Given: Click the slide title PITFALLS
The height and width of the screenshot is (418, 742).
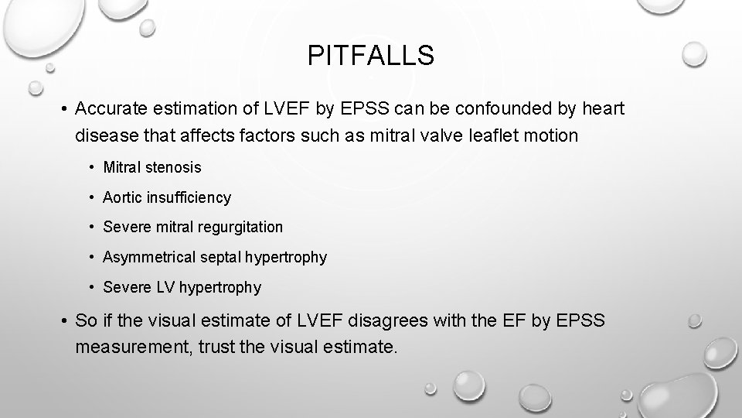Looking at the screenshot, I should [x=371, y=56].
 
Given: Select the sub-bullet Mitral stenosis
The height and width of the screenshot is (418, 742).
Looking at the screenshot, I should [x=151, y=167].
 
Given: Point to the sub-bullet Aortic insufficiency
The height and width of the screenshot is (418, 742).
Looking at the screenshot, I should [x=166, y=197].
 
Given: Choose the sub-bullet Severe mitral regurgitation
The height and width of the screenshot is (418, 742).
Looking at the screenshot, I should [x=192, y=227].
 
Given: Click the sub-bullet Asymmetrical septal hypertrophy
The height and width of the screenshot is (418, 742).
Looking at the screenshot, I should [x=214, y=257].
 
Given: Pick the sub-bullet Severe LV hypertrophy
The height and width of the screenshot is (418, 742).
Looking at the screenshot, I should [x=182, y=287].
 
